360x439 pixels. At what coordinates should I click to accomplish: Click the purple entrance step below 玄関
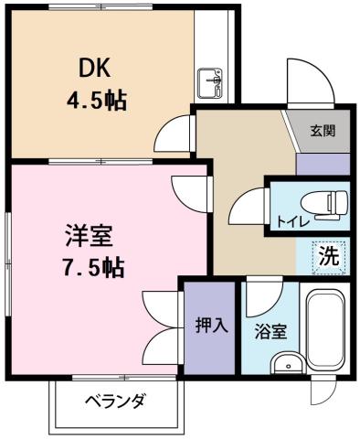pos(323,163)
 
